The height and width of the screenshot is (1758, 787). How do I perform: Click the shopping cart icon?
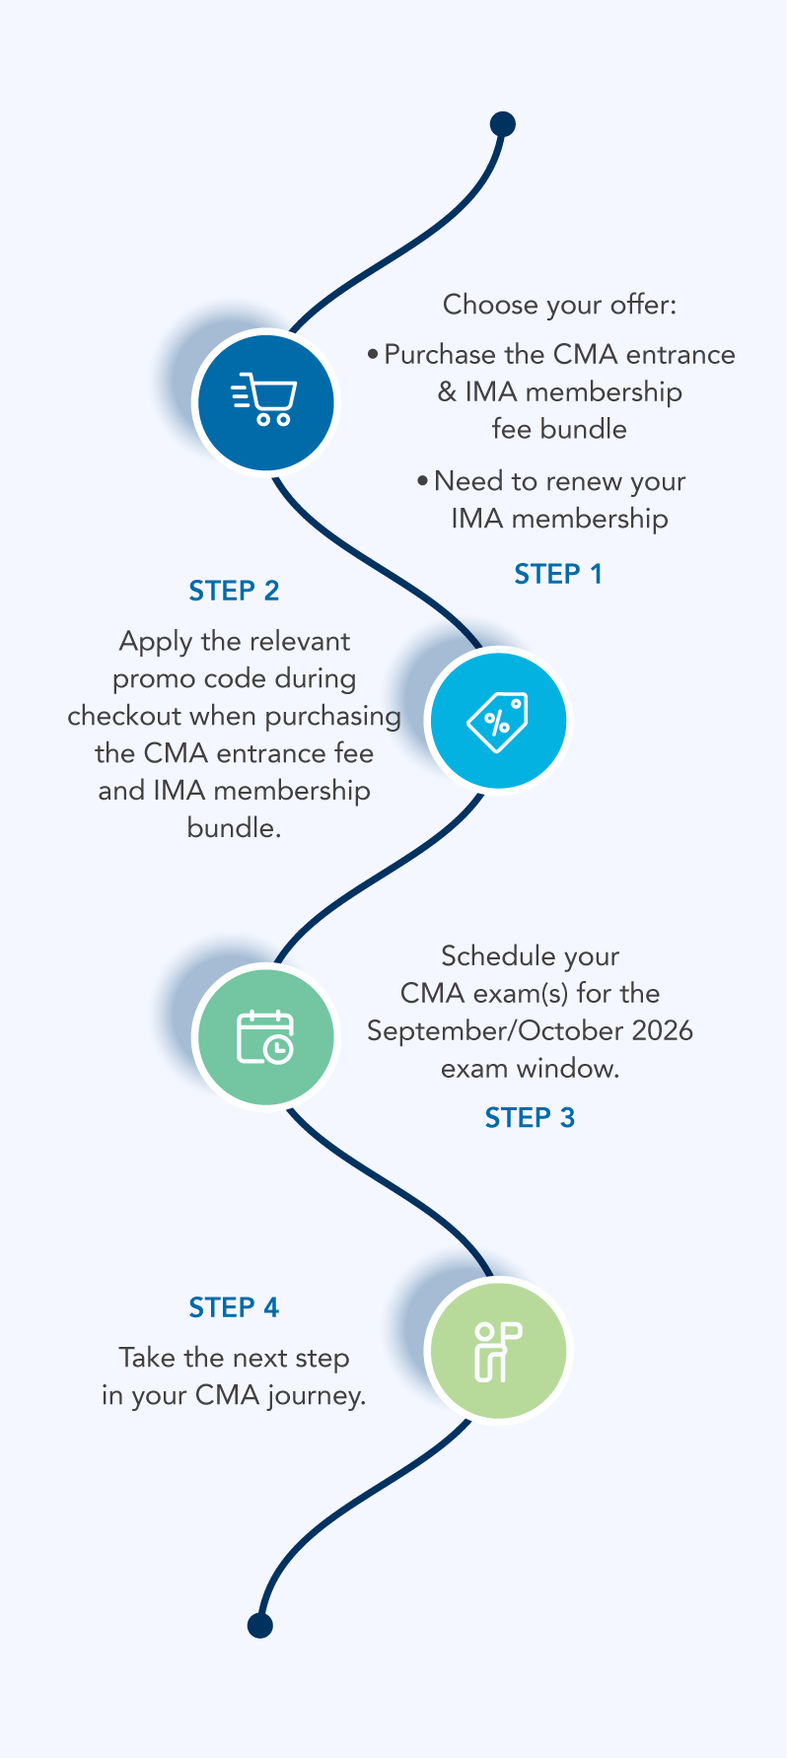(263, 400)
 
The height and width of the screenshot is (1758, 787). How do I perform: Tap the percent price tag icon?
(498, 721)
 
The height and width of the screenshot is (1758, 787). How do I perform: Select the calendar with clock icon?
(265, 1036)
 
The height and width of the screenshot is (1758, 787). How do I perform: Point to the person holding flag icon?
(498, 1351)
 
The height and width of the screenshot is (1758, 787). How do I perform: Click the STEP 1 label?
(558, 574)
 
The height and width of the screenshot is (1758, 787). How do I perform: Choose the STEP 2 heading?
(234, 591)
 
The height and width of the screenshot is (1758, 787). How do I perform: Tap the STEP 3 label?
(530, 1118)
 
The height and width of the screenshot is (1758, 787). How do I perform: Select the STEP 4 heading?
(234, 1307)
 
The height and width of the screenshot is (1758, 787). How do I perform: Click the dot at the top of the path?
(503, 124)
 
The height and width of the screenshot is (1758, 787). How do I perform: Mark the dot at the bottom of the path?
(259, 1626)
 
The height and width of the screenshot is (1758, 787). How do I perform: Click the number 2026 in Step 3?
(663, 1031)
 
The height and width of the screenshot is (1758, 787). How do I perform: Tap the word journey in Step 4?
(316, 1397)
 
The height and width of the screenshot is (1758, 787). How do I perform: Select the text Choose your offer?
(560, 305)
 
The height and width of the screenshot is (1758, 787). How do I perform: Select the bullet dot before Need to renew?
(423, 481)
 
